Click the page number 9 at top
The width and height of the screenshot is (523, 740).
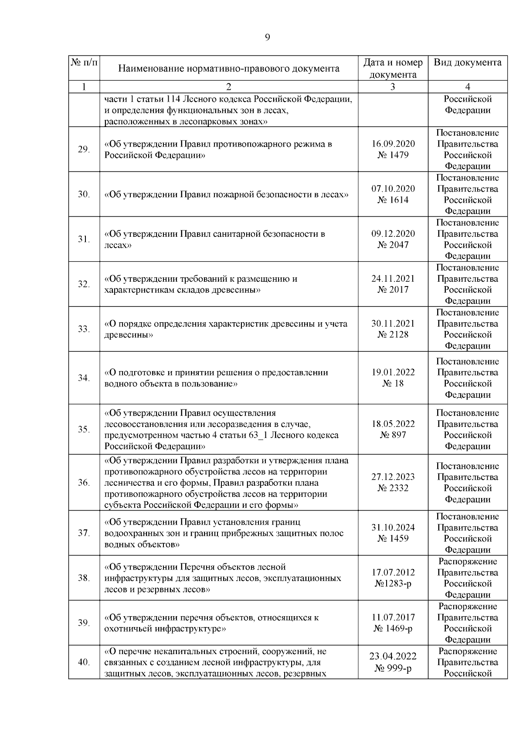click(x=267, y=38)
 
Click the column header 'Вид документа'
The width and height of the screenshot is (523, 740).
click(x=467, y=62)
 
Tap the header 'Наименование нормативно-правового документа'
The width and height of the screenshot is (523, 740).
click(x=229, y=68)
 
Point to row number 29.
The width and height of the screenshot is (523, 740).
click(x=84, y=150)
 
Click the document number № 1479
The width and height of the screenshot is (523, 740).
click(x=393, y=155)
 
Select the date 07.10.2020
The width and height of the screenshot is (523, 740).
click(x=393, y=189)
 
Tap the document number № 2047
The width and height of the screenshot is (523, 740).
click(x=393, y=245)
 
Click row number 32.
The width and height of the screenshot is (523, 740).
click(x=84, y=284)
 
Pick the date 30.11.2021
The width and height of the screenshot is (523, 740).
click(x=393, y=324)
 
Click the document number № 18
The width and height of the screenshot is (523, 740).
click(x=393, y=384)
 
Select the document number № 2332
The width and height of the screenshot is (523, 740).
click(x=393, y=488)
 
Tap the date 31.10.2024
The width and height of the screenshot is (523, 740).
click(x=393, y=528)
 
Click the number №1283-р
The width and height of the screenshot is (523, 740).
click(x=393, y=583)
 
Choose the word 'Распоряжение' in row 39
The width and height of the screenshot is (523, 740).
click(x=467, y=607)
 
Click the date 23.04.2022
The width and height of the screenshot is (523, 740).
click(x=393, y=657)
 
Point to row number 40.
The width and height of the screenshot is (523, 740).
click(x=84, y=662)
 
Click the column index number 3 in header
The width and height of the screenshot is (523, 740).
click(x=393, y=87)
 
